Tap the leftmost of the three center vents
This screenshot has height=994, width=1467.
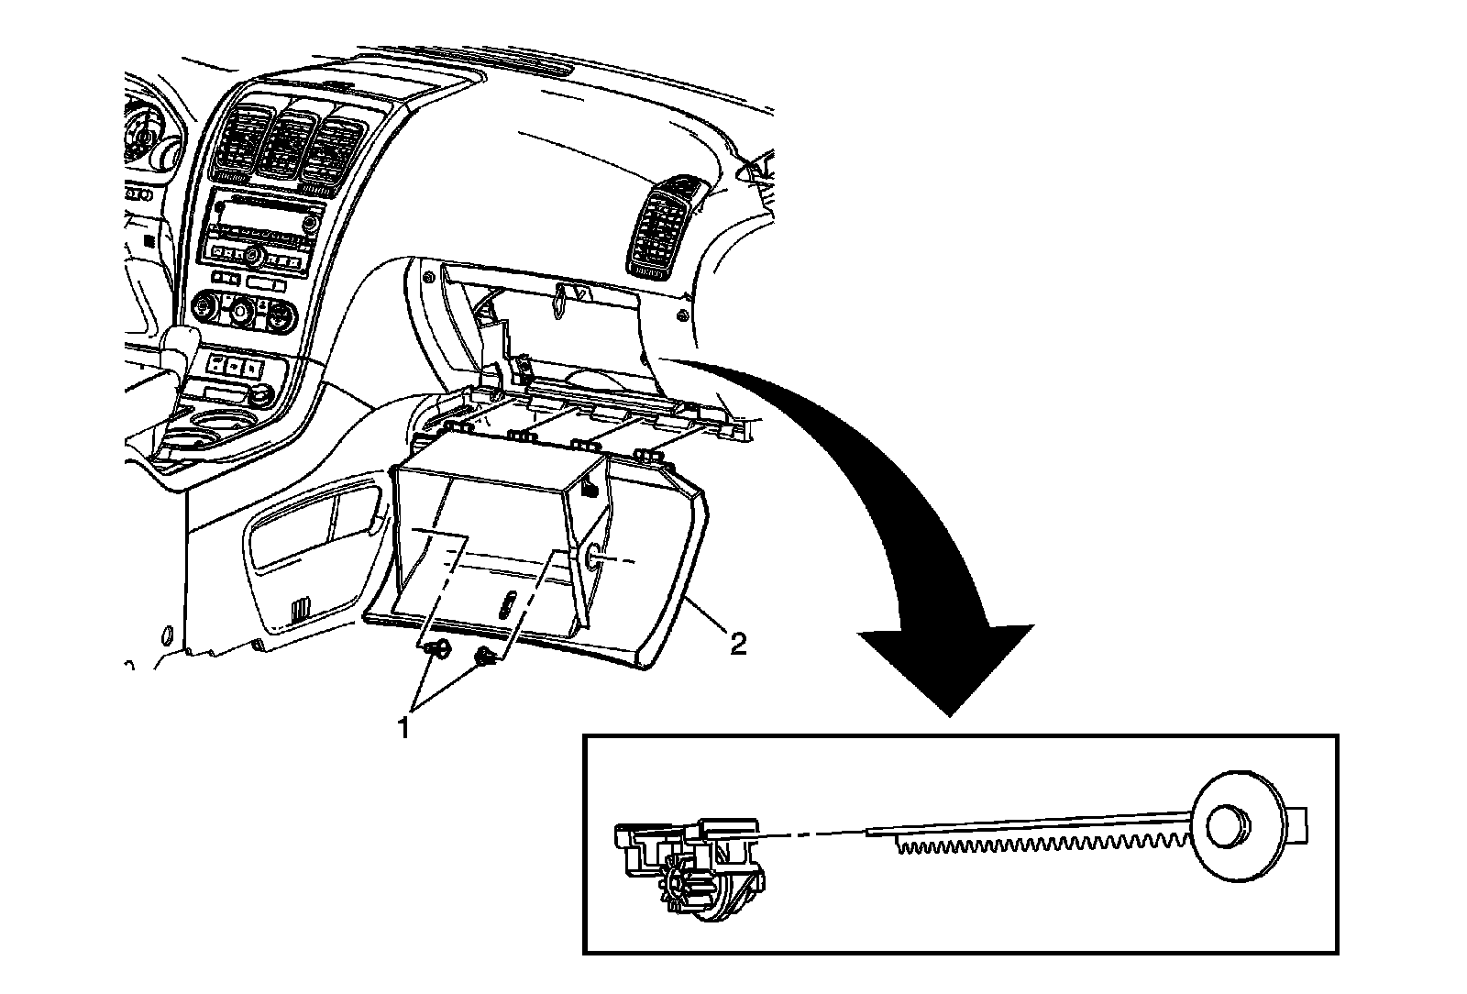(241, 143)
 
